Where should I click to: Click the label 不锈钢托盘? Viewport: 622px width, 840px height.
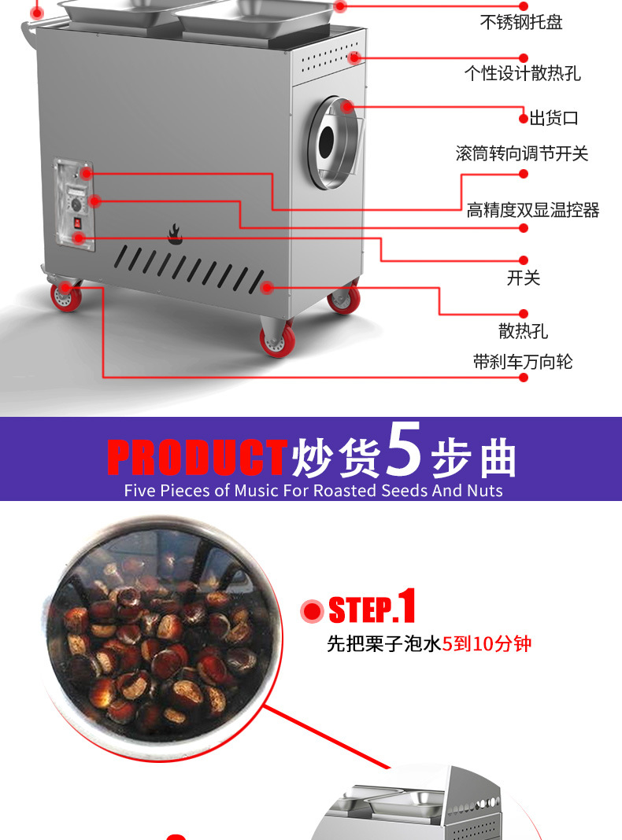pyautogui.click(x=521, y=22)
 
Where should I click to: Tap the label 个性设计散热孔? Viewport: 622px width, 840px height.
pyautogui.click(x=522, y=74)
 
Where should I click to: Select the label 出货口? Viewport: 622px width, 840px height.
pyautogui.click(x=554, y=118)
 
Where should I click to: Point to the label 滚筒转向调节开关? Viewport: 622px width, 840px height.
pyautogui.click(x=522, y=153)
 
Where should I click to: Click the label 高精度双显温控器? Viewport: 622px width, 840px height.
pyautogui.click(x=533, y=210)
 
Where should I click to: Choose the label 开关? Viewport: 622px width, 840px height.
pyautogui.click(x=524, y=278)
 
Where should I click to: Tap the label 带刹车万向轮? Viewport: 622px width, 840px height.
pyautogui.click(x=523, y=362)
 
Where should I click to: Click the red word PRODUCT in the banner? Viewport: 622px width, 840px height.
pyautogui.click(x=197, y=458)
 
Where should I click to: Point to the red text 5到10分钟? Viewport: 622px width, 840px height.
pyautogui.click(x=487, y=644)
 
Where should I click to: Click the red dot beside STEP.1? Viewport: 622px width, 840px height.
pyautogui.click(x=313, y=610)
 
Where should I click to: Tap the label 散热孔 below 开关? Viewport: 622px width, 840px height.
pyautogui.click(x=523, y=331)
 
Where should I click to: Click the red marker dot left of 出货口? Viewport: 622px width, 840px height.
pyautogui.click(x=524, y=119)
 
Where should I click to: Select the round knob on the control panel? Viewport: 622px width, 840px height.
pyautogui.click(x=77, y=203)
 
